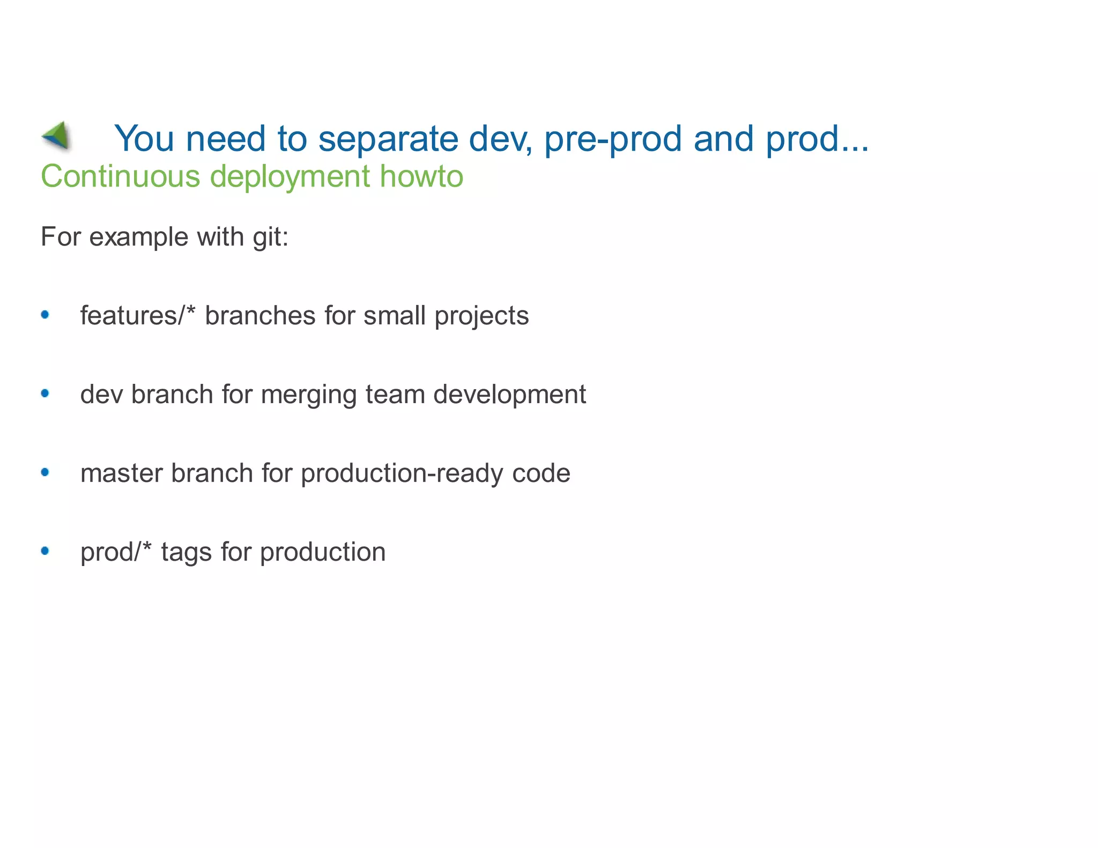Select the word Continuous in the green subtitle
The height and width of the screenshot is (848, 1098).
pyautogui.click(x=120, y=176)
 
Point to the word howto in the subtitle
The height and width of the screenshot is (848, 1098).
pyautogui.click(x=421, y=176)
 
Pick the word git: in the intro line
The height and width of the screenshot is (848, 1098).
pyautogui.click(x=270, y=237)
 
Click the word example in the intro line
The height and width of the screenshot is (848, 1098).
pyautogui.click(x=138, y=237)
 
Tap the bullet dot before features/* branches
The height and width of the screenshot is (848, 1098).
pyautogui.click(x=45, y=315)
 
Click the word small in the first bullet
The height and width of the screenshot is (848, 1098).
pyautogui.click(x=395, y=315)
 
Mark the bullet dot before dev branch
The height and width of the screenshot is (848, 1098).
pyautogui.click(x=45, y=393)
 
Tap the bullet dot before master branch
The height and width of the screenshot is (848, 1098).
pyautogui.click(x=45, y=472)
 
